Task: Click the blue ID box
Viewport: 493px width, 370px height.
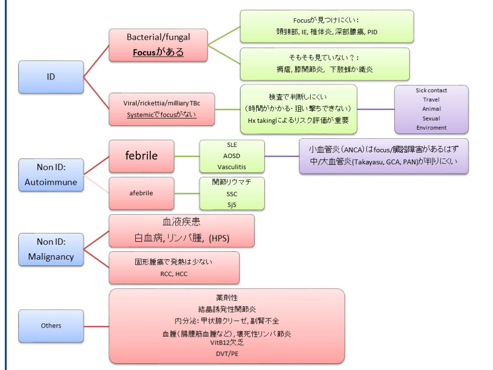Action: pyautogui.click(x=51, y=77)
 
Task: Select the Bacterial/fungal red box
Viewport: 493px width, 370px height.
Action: pyautogui.click(x=158, y=45)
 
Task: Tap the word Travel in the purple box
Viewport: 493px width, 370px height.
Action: pyautogui.click(x=431, y=100)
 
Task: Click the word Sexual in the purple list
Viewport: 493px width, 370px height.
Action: pyautogui.click(x=431, y=119)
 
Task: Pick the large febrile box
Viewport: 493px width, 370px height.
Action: pyautogui.click(x=142, y=156)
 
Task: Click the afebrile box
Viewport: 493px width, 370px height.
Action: pyautogui.click(x=142, y=194)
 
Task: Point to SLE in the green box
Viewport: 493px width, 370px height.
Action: pyautogui.click(x=232, y=145)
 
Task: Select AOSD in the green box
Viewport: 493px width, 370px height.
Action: pyautogui.click(x=232, y=156)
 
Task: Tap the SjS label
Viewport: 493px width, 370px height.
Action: pyautogui.click(x=232, y=204)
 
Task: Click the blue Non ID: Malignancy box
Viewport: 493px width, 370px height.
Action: pyautogui.click(x=51, y=249)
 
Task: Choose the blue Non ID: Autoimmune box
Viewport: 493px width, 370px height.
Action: pyautogui.click(x=51, y=175)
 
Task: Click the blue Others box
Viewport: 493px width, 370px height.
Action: pyautogui.click(x=51, y=326)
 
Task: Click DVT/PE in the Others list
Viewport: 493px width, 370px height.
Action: pyautogui.click(x=227, y=354)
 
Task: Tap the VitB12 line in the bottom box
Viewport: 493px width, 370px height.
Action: pyautogui.click(x=227, y=343)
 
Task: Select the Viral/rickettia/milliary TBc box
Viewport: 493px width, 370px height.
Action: pyautogui.click(x=162, y=109)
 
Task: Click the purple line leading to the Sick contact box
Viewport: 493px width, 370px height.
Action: pyautogui.click(x=376, y=109)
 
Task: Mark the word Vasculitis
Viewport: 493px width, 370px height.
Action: pyautogui.click(x=232, y=167)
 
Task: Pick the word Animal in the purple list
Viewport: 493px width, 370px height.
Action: pyautogui.click(x=431, y=109)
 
